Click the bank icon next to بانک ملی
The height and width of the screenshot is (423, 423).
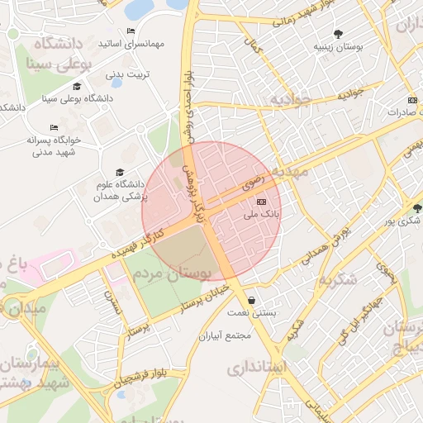coord(262,202)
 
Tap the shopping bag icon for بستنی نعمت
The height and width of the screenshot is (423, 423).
coord(251,301)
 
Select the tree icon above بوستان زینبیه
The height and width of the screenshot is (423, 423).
coord(338,34)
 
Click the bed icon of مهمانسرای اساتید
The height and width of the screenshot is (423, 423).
coord(131,31)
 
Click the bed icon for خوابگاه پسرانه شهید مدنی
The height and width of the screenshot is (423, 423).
coord(54,128)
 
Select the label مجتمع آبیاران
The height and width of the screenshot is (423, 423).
coord(225,336)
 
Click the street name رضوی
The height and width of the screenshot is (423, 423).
coord(253,179)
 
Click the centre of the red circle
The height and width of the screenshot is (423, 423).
coord(211,211)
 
